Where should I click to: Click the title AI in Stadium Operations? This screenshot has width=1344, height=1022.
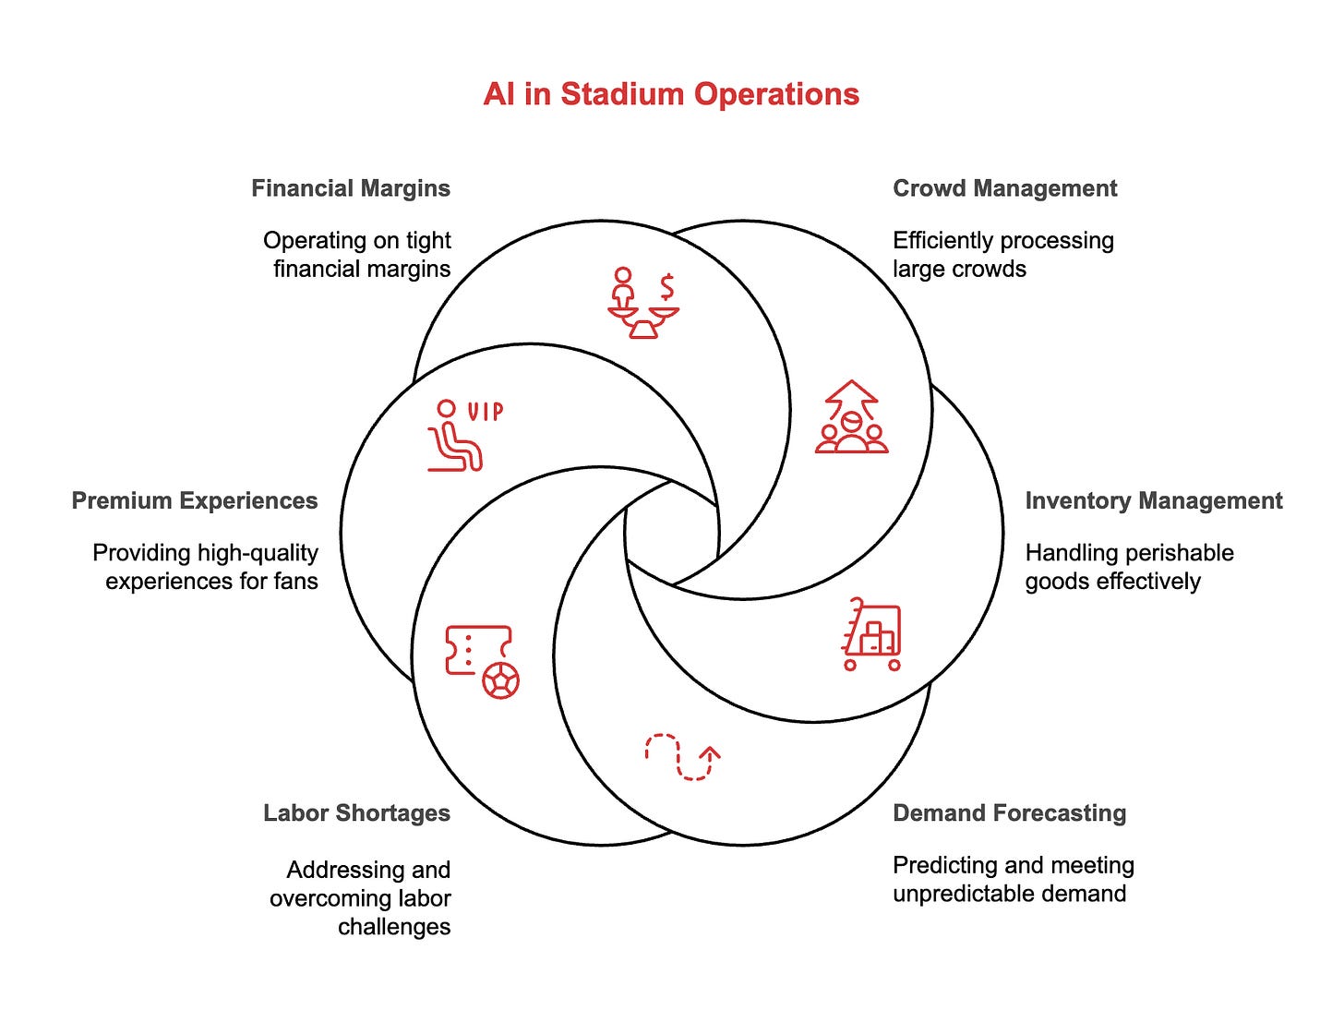coord(671,94)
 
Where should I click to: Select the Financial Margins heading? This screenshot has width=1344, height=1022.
coord(351,188)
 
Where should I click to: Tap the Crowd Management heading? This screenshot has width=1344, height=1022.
coord(1004,188)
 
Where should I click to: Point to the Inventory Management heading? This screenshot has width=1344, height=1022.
coord(1154,500)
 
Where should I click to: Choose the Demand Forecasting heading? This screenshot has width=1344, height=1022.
coord(1009,812)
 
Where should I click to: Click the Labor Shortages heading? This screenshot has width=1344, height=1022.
coord(356,812)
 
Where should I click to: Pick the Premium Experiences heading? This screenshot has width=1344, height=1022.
coord(195,500)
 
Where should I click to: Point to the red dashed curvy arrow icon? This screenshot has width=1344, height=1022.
coord(682,757)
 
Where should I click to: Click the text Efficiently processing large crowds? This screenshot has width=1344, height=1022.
coord(1002,255)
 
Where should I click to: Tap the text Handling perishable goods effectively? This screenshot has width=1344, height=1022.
coord(1129,567)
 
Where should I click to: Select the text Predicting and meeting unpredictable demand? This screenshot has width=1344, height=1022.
coord(1013,879)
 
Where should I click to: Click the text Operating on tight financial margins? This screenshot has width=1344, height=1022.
coord(357,255)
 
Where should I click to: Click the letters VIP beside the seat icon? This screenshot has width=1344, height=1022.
coord(486,411)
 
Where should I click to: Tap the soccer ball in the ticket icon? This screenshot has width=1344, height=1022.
coord(501,680)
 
